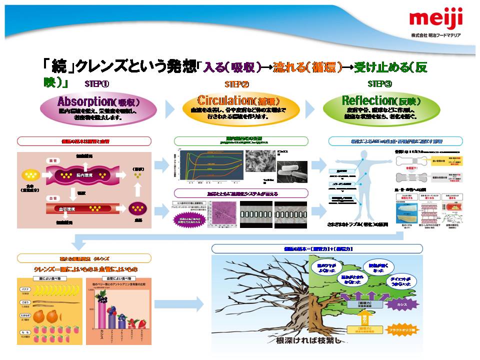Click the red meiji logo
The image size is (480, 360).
436,20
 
